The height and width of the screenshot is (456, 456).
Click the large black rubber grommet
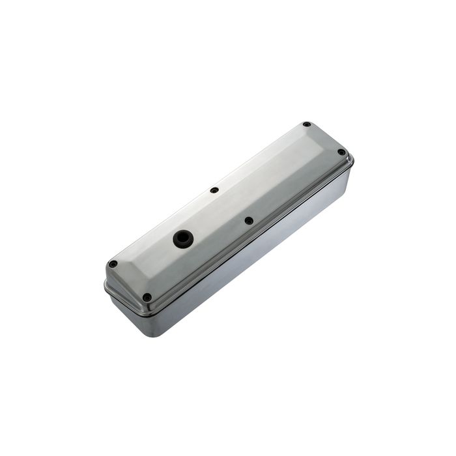click(182, 238)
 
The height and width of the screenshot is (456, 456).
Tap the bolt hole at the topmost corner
click(306, 124)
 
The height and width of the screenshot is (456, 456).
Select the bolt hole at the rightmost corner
click(341, 152)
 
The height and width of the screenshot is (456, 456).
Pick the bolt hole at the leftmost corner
click(113, 264)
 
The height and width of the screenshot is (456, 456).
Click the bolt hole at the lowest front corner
click(147, 297)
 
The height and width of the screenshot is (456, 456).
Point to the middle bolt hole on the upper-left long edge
click(214, 191)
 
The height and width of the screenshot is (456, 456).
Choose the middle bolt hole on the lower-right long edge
click(249, 221)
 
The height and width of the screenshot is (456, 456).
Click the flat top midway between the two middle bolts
click(231, 206)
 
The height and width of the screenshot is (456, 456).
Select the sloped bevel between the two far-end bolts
click(325, 137)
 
